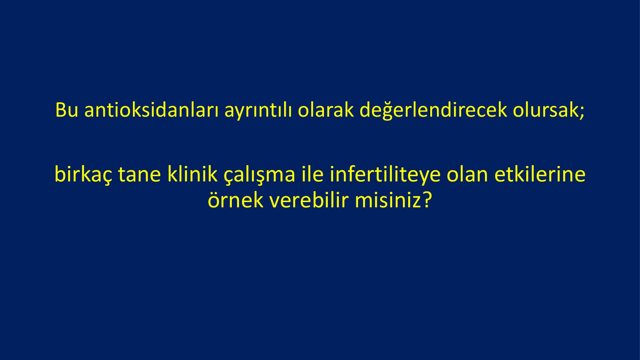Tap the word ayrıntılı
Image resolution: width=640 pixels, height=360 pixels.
[x=258, y=111]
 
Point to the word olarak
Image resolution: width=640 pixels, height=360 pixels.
[x=326, y=110]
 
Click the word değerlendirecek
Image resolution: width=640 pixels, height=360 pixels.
[x=433, y=110]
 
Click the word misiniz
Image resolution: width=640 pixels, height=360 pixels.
[x=388, y=200]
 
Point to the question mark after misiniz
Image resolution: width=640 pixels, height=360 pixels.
[x=426, y=200]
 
